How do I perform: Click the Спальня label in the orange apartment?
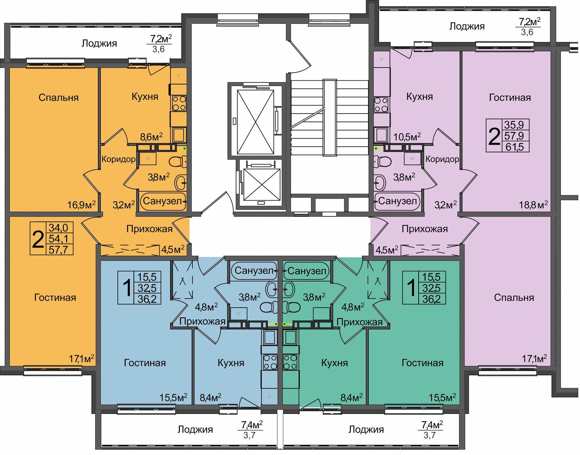[x=59, y=97]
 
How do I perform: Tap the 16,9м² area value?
[x=81, y=205]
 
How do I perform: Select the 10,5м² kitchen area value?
[x=407, y=137]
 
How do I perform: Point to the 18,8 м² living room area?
[x=533, y=205]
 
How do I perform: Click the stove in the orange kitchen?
[x=179, y=103]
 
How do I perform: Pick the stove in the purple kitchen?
[x=381, y=105]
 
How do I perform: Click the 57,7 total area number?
[x=59, y=250]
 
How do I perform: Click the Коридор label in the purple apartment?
[x=442, y=159]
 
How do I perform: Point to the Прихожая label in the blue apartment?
[x=202, y=321]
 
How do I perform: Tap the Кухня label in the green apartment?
[x=334, y=363]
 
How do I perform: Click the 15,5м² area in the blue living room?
[x=173, y=397]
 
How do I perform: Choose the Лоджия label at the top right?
[x=467, y=26]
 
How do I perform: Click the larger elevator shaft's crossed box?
[x=256, y=122]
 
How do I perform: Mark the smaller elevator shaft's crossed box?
[x=262, y=185]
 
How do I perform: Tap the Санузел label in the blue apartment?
[x=254, y=270]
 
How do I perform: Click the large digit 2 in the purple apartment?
[x=494, y=137]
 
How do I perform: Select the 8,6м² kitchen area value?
[x=151, y=137]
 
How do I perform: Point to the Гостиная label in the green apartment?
[x=422, y=363]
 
